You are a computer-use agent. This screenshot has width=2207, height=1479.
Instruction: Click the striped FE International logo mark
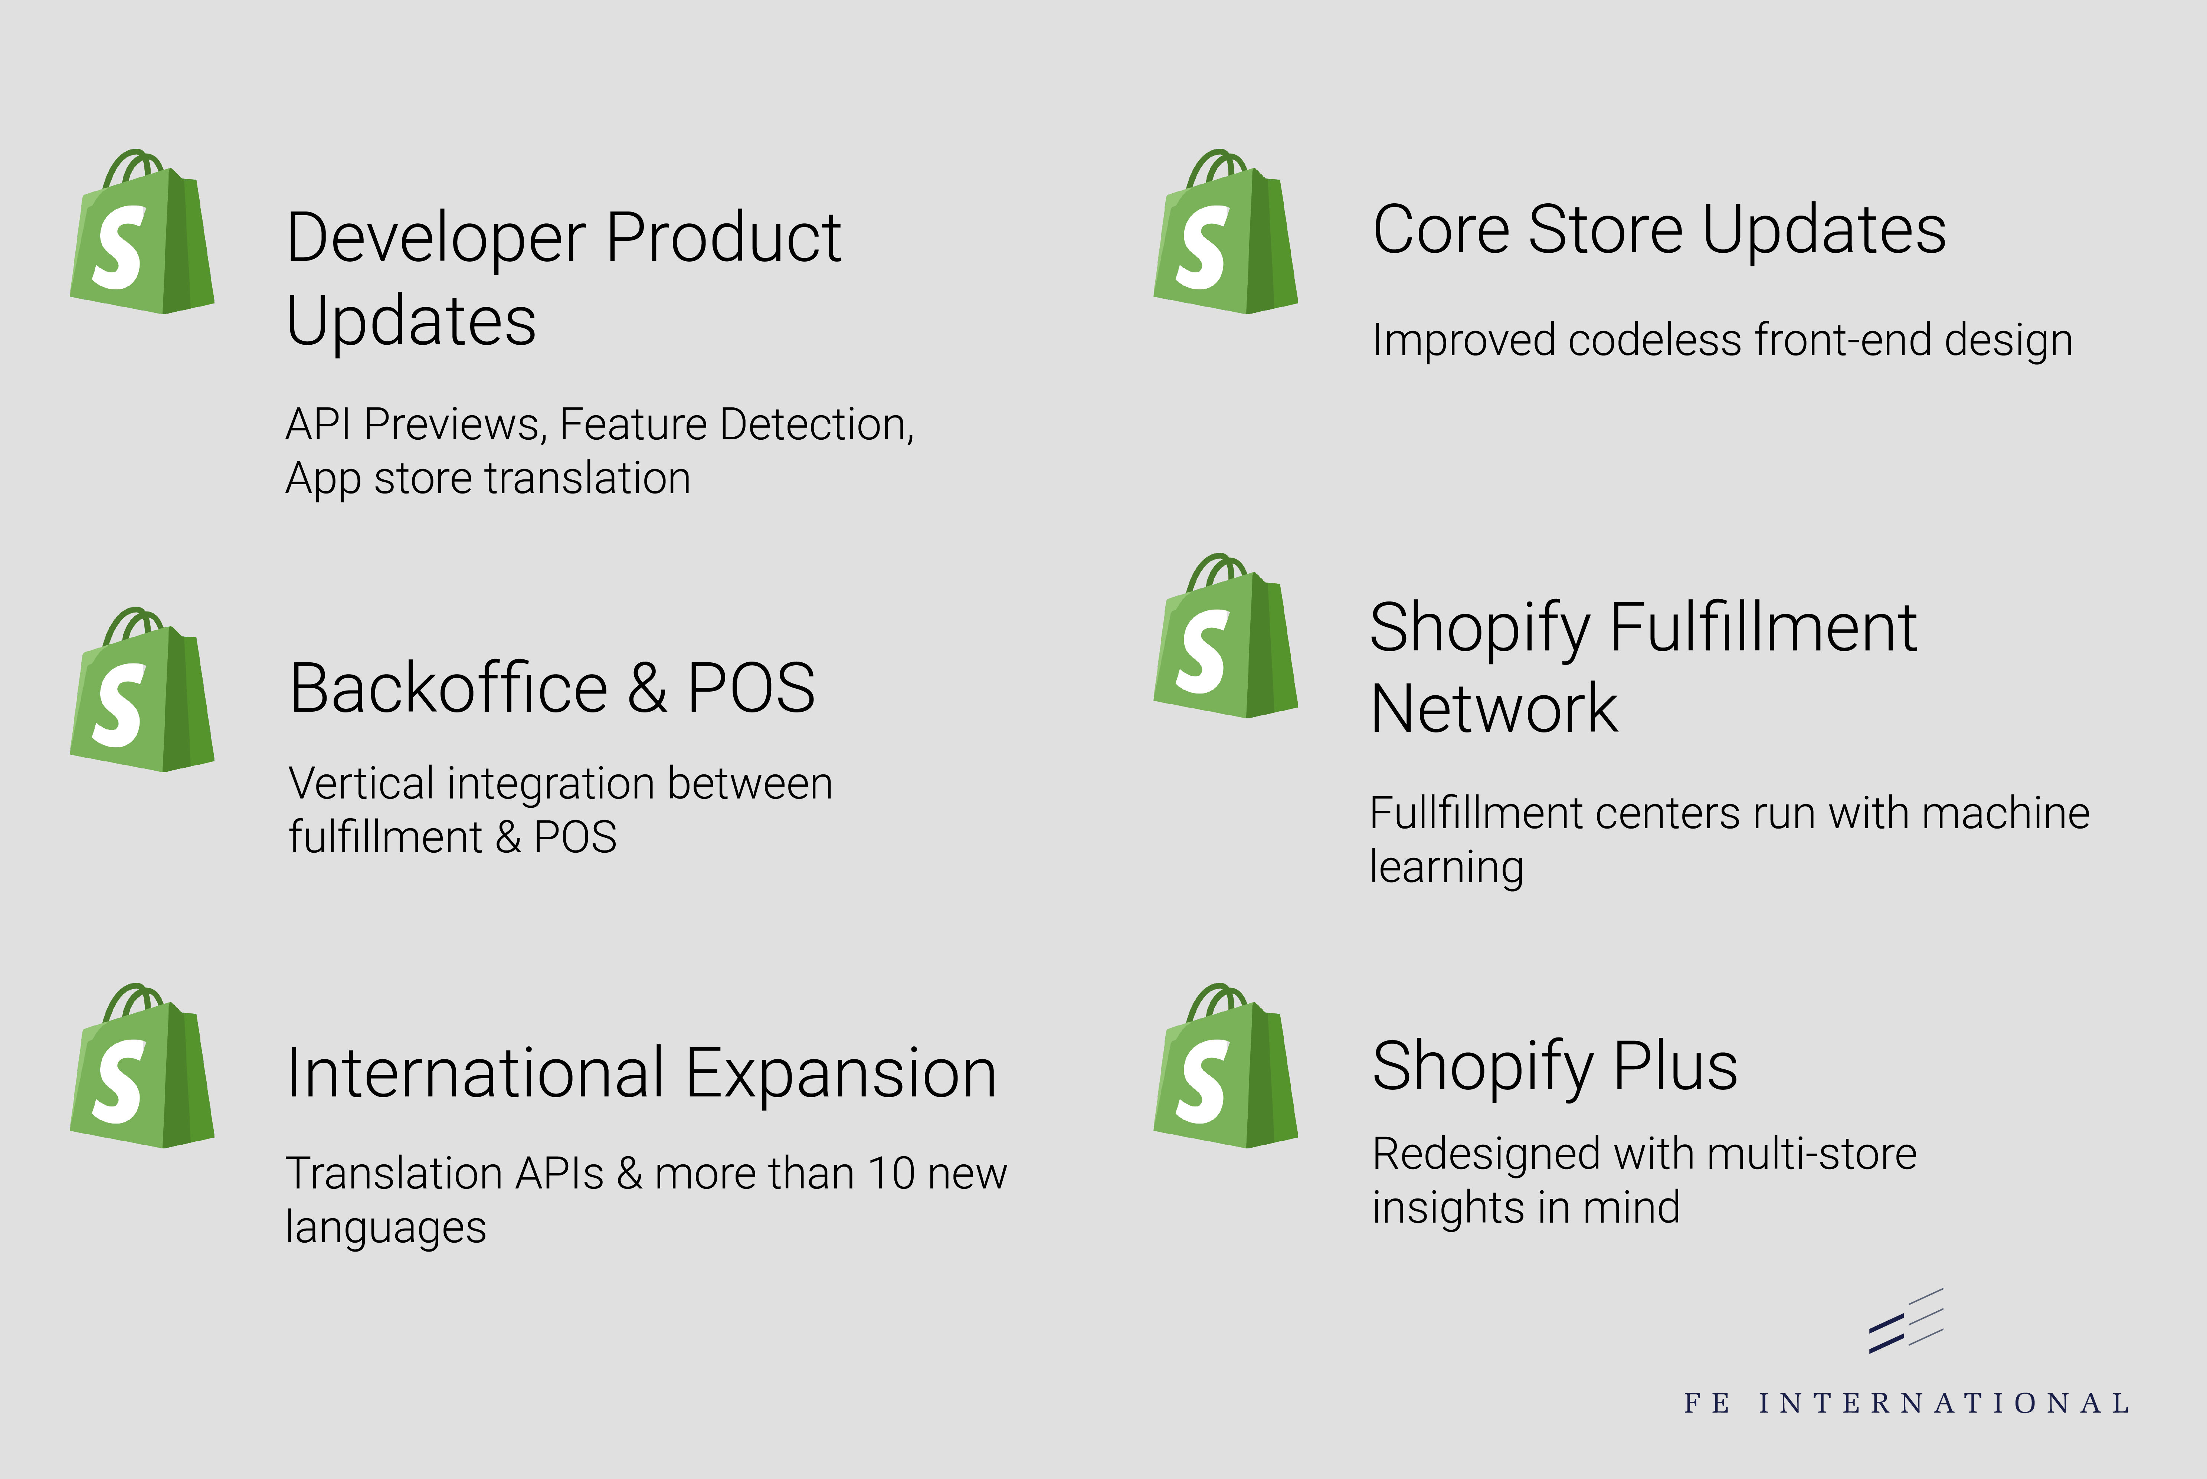(x=1905, y=1321)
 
